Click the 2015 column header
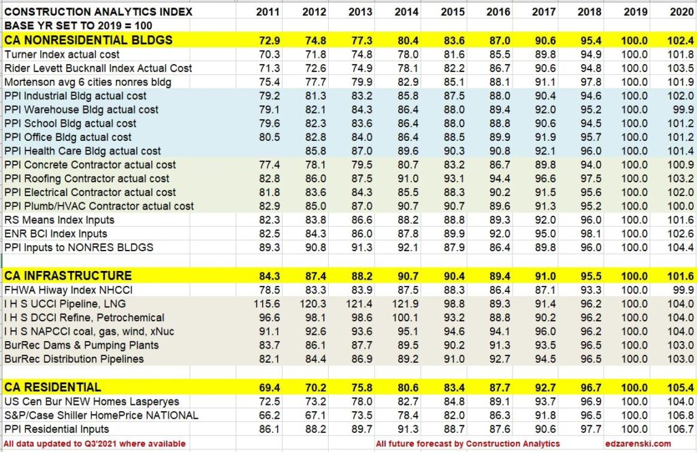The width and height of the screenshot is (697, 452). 452,12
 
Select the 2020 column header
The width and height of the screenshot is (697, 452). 681,12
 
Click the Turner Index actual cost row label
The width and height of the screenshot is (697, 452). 62,54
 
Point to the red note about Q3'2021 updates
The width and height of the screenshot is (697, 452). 95,444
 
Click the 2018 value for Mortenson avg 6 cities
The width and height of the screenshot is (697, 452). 589,82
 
